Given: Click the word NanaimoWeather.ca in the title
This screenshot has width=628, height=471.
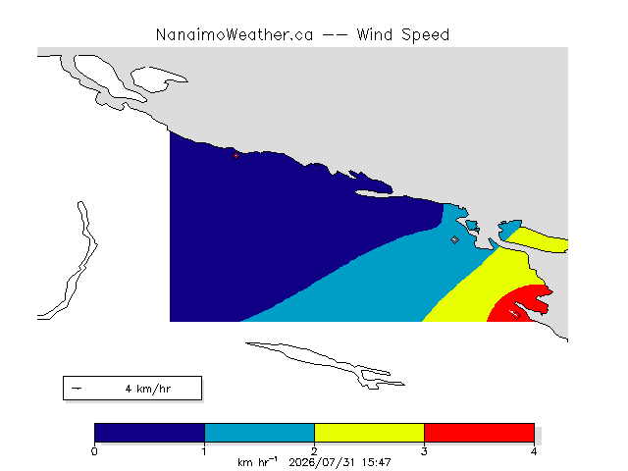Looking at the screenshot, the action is click(235, 35).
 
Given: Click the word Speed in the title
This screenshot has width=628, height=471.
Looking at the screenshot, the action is click(425, 35).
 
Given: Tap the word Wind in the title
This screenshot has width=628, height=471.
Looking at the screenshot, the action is click(375, 35).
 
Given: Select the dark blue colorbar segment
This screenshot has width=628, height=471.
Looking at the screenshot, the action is click(149, 433).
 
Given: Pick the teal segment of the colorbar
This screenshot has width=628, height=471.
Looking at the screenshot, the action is click(259, 433).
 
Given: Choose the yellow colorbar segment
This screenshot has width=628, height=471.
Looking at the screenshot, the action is click(369, 433).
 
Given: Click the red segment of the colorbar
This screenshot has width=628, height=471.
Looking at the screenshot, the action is click(479, 433).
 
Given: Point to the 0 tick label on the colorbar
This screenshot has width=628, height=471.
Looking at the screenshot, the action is click(94, 451).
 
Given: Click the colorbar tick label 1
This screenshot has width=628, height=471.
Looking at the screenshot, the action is click(204, 451).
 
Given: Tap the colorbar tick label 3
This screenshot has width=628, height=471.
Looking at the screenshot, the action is click(424, 451).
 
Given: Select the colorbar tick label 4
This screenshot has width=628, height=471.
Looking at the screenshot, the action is click(534, 451).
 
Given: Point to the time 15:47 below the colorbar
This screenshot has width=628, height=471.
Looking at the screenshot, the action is click(376, 462).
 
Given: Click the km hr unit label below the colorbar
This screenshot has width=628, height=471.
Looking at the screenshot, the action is click(257, 462).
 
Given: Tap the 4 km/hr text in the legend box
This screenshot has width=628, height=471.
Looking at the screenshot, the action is click(148, 389).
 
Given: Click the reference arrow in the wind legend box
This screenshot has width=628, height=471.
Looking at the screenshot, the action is click(77, 389).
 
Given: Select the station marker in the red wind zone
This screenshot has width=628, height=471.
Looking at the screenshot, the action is click(517, 316).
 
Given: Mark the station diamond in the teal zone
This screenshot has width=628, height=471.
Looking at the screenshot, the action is click(454, 239).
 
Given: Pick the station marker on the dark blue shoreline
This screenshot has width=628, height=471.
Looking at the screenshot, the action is click(235, 155).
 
